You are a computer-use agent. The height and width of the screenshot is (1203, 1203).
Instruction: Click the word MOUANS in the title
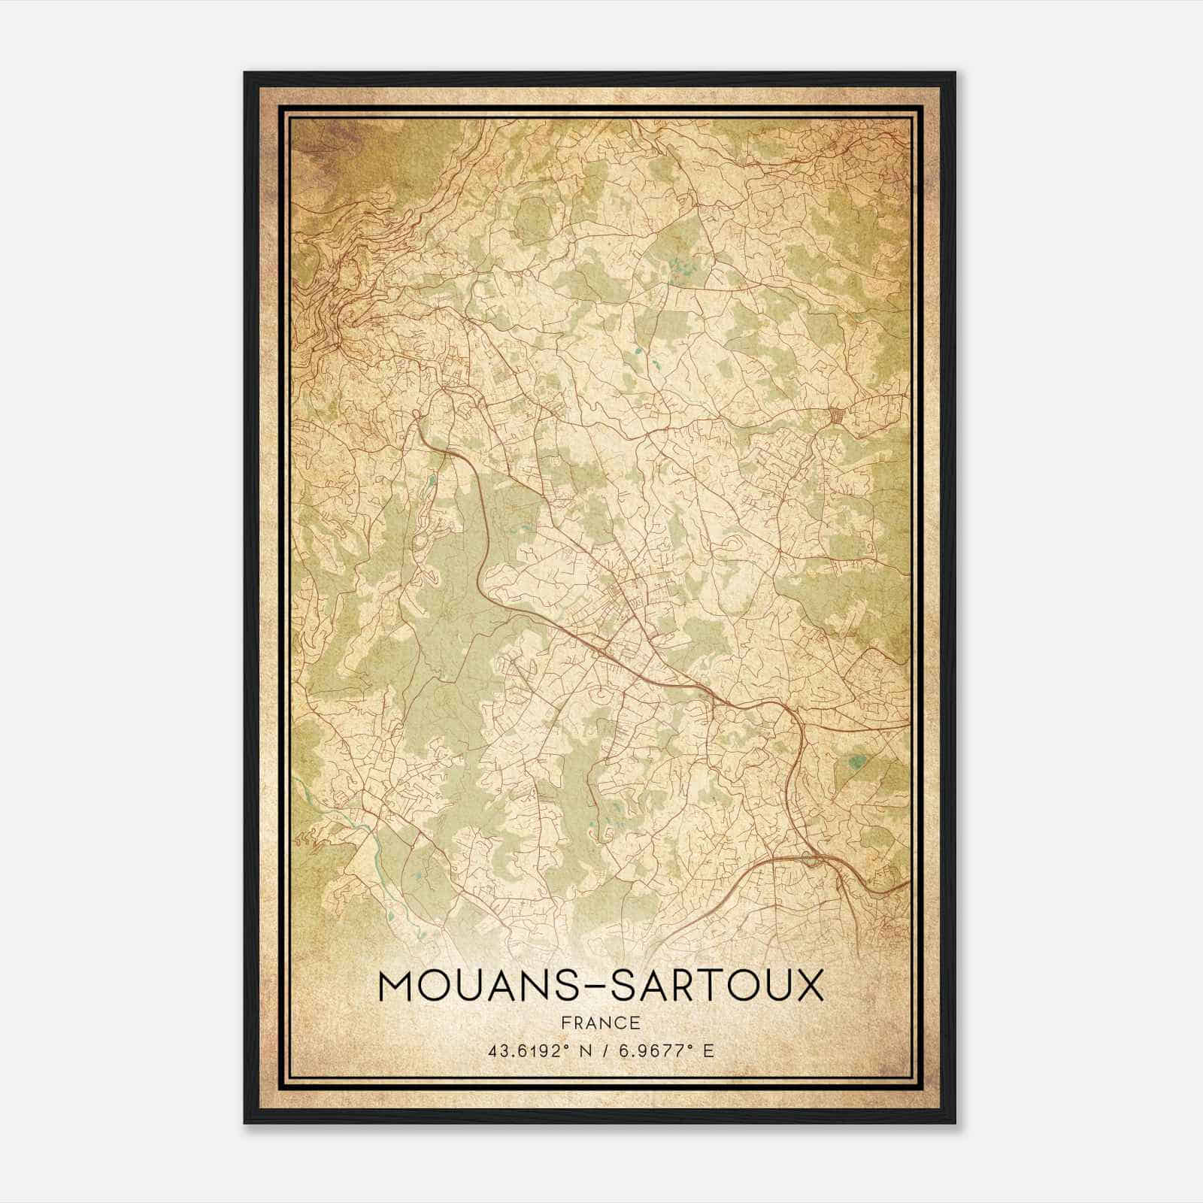pos(470,986)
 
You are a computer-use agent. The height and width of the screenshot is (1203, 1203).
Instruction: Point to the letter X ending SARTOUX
pos(808,986)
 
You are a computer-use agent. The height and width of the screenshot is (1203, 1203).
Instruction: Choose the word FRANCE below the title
pos(601,1023)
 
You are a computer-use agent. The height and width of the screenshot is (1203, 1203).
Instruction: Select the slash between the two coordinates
pos(606,1050)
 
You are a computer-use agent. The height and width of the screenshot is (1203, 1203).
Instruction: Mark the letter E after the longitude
pos(708,1050)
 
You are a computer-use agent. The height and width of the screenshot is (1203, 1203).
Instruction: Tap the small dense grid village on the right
pos(837,415)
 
